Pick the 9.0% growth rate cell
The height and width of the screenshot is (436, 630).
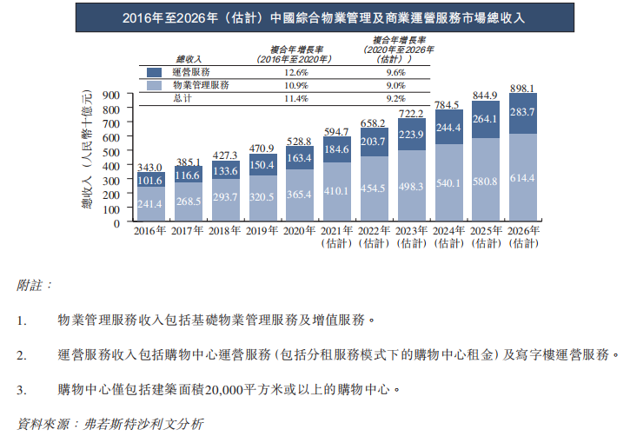(395, 85)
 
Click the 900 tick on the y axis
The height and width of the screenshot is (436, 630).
(109, 95)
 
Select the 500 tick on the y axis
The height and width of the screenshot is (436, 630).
(109, 151)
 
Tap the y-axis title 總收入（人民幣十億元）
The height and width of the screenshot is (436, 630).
(88, 156)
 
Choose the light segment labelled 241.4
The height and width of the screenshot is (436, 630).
(150, 204)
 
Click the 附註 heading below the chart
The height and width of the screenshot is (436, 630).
(35, 284)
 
